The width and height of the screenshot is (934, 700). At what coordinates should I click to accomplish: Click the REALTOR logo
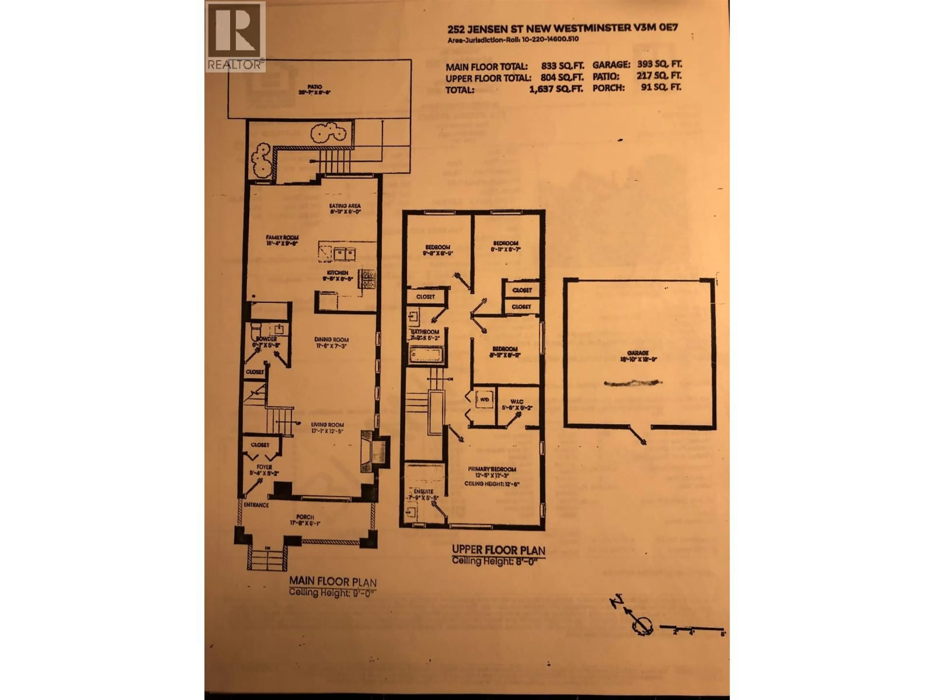[x=235, y=36]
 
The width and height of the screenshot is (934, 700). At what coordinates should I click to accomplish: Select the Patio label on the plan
[x=314, y=87]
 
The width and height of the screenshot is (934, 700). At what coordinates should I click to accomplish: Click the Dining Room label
[x=332, y=340]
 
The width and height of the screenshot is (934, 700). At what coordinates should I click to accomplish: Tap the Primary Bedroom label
[x=492, y=469]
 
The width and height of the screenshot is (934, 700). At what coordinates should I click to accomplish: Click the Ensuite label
[x=423, y=491]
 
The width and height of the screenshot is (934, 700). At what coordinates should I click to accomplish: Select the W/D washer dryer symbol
[x=485, y=399]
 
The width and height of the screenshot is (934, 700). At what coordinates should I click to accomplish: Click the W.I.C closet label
[x=517, y=402]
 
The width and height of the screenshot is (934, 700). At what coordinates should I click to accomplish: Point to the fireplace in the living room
[x=372, y=452]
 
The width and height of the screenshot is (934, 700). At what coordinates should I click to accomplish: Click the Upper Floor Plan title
[x=498, y=550]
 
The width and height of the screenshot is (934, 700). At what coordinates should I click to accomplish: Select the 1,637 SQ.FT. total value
[x=556, y=89]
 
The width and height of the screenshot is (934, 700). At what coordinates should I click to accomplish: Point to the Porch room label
[x=305, y=517]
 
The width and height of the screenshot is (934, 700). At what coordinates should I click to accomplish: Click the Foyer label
[x=264, y=467]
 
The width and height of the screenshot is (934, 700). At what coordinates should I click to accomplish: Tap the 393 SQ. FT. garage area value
[x=659, y=65]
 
